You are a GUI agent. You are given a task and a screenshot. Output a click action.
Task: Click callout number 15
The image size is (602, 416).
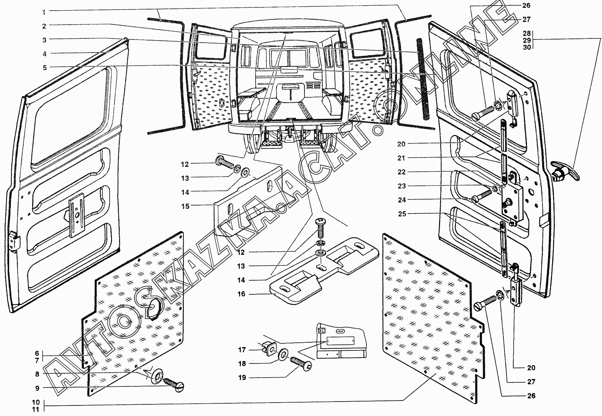click(x=185, y=206)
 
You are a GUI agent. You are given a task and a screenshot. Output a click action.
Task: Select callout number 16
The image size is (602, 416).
click(x=241, y=294)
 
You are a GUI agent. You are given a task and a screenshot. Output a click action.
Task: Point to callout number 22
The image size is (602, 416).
click(x=401, y=172)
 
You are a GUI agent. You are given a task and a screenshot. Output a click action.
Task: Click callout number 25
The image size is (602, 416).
click(x=401, y=214)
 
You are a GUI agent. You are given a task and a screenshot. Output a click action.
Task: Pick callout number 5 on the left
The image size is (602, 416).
click(x=44, y=67)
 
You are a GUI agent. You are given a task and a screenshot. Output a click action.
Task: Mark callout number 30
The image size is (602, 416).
click(x=527, y=47)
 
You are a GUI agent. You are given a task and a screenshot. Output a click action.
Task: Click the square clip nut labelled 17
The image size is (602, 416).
click(x=268, y=348)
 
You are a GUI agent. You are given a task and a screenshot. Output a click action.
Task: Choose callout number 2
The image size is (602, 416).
click(x=44, y=26)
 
